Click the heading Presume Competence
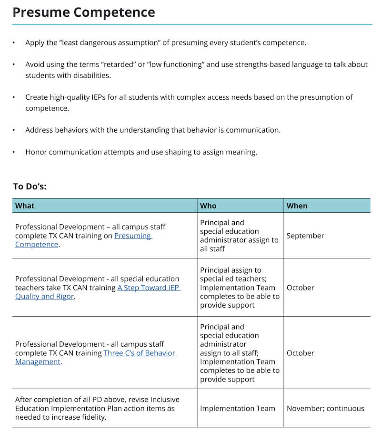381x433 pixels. click(x=84, y=12)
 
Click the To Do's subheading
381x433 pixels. click(x=30, y=186)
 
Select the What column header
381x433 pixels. click(x=25, y=206)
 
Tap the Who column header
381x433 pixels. click(x=208, y=206)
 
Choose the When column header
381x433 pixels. click(x=297, y=206)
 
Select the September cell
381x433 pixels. click(x=305, y=236)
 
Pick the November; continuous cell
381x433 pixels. click(x=325, y=408)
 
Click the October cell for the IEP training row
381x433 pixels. click(x=300, y=288)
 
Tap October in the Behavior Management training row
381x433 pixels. click(x=300, y=353)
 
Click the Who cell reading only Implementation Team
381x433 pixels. click(x=238, y=408)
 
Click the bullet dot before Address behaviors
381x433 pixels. click(x=14, y=130)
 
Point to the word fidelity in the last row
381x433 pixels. click(x=92, y=417)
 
